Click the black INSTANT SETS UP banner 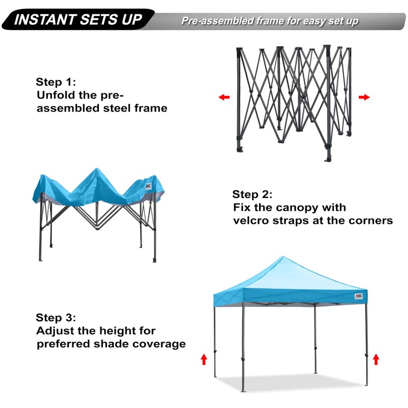point(76,20)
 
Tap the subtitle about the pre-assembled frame point(270,21)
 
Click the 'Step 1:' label point(56,82)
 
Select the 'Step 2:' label point(252,194)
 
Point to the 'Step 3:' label point(56,317)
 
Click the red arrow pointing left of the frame point(223,97)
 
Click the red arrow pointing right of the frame point(364,97)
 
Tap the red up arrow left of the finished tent point(204,360)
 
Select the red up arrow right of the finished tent point(376,360)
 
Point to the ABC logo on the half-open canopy point(148,186)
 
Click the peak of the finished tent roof point(280,258)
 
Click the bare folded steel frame point(293,102)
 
